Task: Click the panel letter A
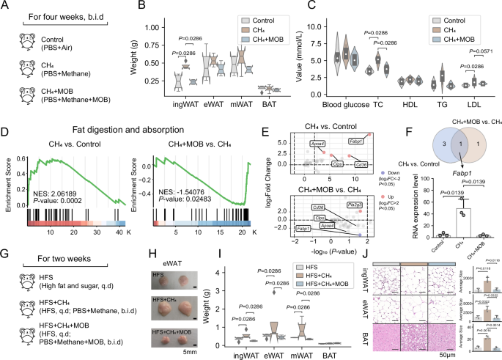pos(7,7)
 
